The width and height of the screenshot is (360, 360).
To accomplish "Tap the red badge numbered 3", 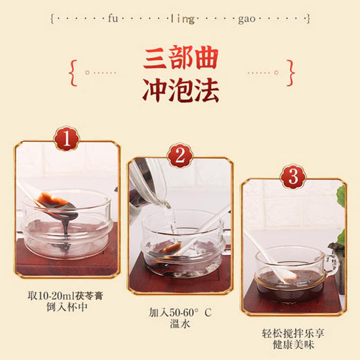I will [x=292, y=177].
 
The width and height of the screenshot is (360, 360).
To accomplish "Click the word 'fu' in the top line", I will [x=114, y=18].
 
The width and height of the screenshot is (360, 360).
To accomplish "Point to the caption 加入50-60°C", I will [x=179, y=312].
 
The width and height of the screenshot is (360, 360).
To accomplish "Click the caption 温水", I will [x=179, y=325].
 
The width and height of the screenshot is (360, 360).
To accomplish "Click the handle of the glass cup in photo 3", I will [x=331, y=261].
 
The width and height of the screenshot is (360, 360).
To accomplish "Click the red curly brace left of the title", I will [x=72, y=69].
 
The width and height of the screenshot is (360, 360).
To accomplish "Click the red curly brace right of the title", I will [x=290, y=69].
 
